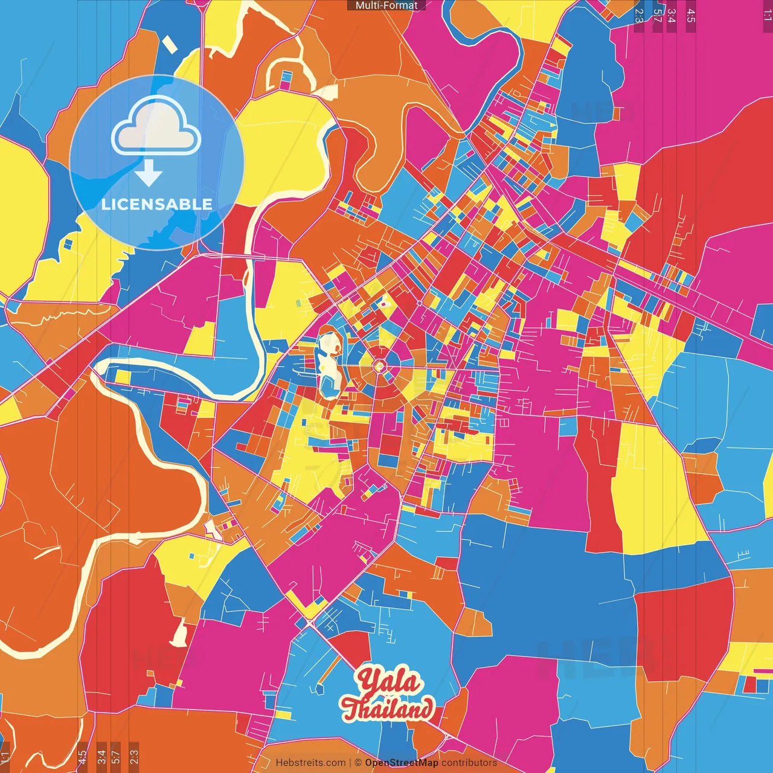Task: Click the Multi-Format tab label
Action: (x=386, y=5)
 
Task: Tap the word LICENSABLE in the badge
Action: (x=157, y=204)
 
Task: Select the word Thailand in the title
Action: (x=387, y=708)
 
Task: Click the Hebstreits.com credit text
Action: (x=310, y=763)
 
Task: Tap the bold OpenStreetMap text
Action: (x=401, y=763)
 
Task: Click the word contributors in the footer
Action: (x=469, y=763)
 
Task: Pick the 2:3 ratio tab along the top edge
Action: (x=639, y=16)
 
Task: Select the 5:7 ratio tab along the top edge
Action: (x=657, y=16)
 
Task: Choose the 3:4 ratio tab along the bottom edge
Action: (x=101, y=757)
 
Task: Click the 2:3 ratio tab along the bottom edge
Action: (x=134, y=757)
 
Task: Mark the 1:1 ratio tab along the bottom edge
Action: (x=5, y=757)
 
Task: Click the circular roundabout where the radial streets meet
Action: (x=379, y=366)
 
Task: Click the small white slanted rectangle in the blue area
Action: (x=170, y=45)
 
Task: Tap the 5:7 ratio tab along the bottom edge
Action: (x=116, y=757)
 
